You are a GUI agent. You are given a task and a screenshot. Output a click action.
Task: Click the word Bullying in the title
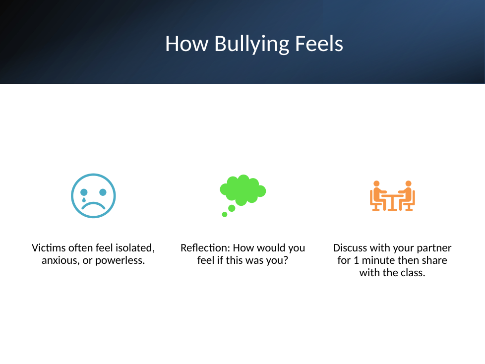tap(252, 44)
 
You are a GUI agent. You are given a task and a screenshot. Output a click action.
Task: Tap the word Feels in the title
tap(319, 44)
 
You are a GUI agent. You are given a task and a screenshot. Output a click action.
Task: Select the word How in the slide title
tap(187, 44)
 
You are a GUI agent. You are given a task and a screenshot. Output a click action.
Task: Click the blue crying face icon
tap(93, 196)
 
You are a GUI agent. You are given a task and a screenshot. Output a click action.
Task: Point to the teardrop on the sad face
tap(83, 200)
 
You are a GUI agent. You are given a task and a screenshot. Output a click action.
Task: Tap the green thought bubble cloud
tap(243, 190)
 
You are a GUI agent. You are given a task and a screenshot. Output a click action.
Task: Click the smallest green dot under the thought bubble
tap(225, 214)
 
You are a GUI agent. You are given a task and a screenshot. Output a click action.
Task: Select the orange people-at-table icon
tap(392, 196)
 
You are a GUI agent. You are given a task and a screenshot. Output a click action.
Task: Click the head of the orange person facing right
tap(376, 183)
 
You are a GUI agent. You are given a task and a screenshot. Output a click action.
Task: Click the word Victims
tap(49, 248)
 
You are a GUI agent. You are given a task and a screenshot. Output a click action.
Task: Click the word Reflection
tap(205, 248)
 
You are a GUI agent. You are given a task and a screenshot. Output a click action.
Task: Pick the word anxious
tap(60, 261)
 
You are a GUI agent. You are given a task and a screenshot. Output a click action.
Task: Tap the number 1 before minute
tap(356, 260)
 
